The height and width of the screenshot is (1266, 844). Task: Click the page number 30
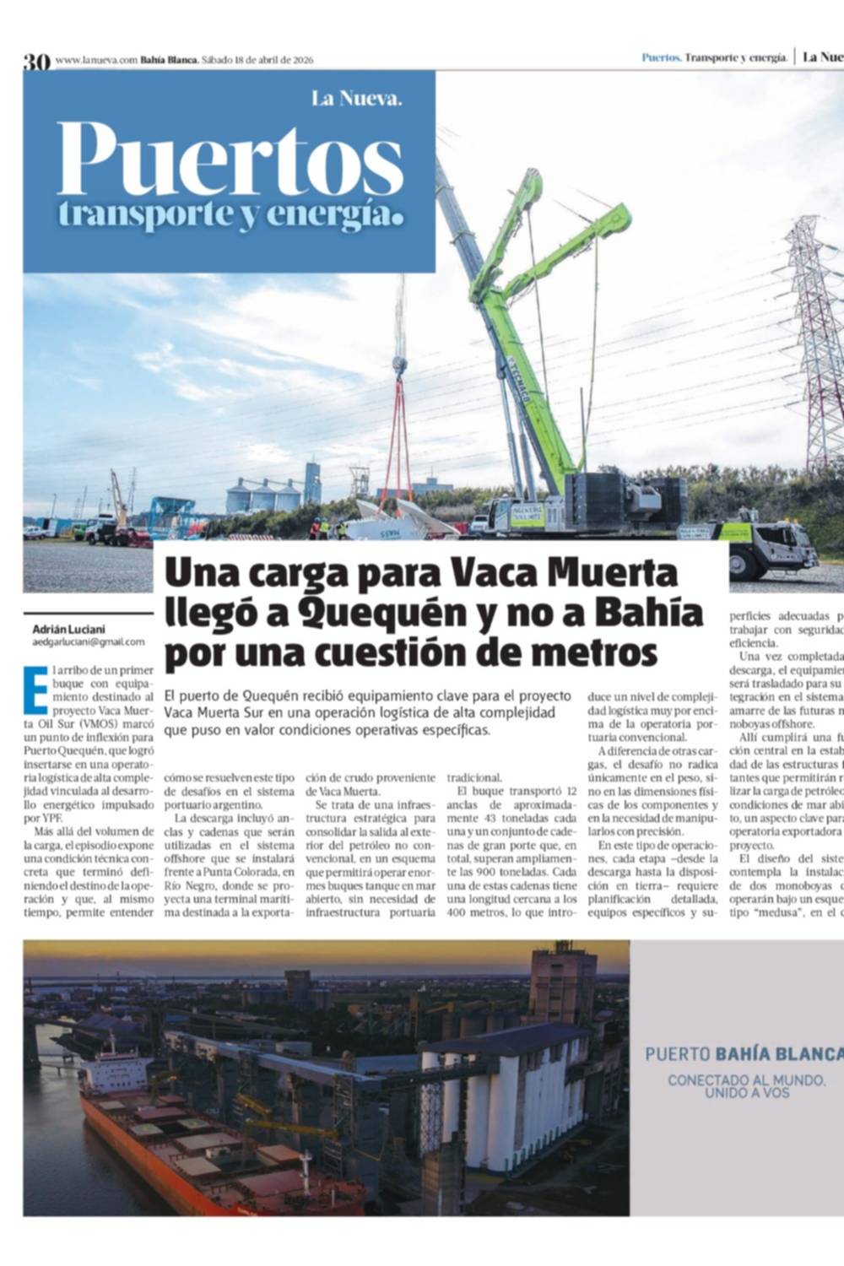pyautogui.click(x=37, y=61)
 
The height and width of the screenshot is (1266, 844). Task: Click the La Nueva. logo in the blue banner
pyautogui.click(x=356, y=99)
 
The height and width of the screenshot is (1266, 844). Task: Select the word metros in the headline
pyautogui.click(x=595, y=653)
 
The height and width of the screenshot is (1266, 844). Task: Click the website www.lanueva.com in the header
pyautogui.click(x=96, y=60)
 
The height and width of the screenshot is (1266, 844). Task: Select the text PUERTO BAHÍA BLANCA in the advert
pyautogui.click(x=744, y=1054)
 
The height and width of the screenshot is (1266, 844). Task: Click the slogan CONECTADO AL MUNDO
pyautogui.click(x=728, y=1079)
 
